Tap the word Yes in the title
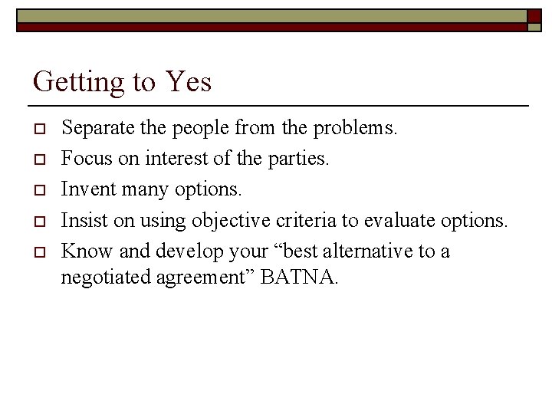[x=187, y=80]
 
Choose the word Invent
[x=84, y=189]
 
